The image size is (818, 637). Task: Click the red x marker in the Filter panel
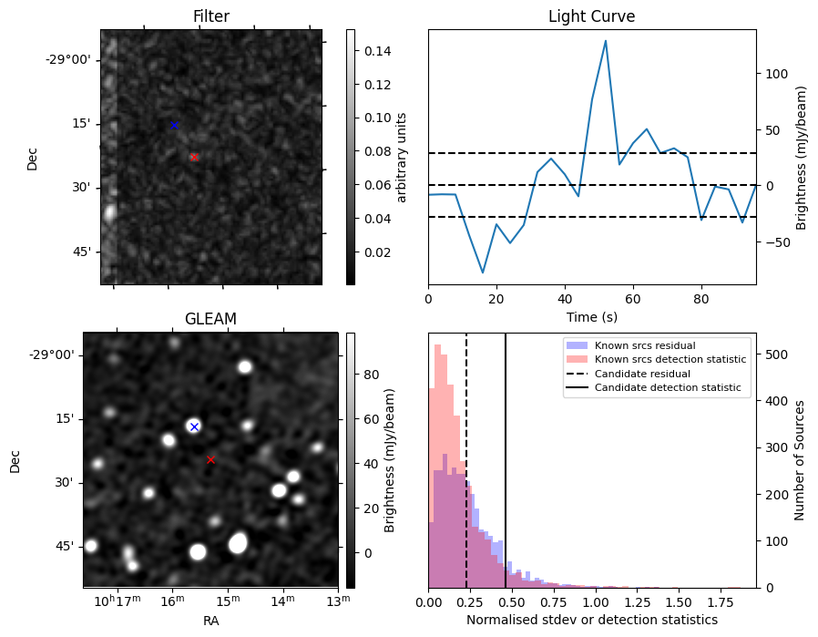coord(194,157)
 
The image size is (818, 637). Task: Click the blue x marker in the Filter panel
coord(174,125)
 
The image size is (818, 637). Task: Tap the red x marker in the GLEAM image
coord(210,459)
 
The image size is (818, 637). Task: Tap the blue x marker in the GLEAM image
coord(193,426)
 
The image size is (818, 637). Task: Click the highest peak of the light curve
coord(605,41)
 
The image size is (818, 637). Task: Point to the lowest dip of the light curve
coord(484,272)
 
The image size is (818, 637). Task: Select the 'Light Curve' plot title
coord(591,16)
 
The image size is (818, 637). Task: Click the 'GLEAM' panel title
coord(210,319)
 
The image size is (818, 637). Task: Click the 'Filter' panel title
coord(210,16)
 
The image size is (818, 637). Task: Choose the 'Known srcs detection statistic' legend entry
coord(670,360)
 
